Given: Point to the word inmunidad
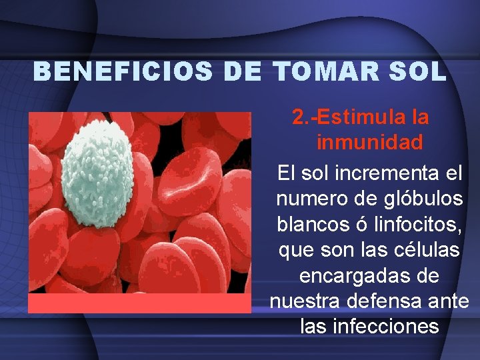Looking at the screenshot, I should pyautogui.click(x=369, y=143).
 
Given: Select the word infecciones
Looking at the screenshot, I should pyautogui.click(x=390, y=327).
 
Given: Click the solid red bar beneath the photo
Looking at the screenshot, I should pyautogui.click(x=139, y=303).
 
